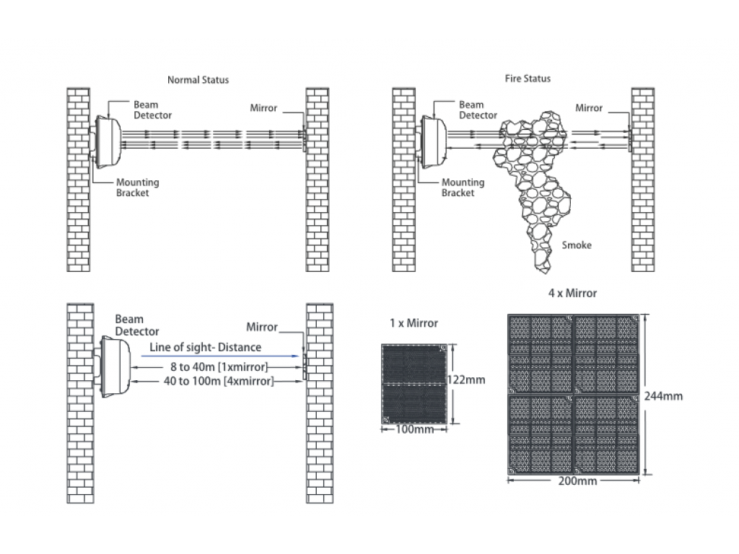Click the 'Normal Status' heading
pos(198,80)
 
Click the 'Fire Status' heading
pos(528,78)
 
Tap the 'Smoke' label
pos(577,245)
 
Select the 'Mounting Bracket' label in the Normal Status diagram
pos(137,188)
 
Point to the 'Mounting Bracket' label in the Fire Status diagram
pos(463,188)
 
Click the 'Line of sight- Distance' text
pos(206,348)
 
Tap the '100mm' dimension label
pos(415,430)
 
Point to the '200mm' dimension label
pos(577,481)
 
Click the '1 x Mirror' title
pos(414,323)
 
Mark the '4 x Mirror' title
pos(572,294)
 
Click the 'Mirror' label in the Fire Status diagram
pos(589,108)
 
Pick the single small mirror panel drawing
pos(414,384)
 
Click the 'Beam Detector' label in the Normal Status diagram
pos(152,110)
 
